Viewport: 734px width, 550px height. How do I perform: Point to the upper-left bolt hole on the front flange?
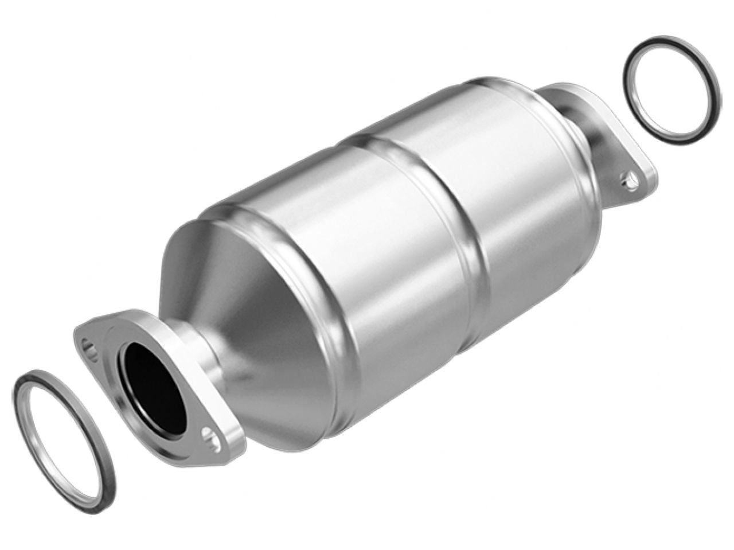(x=87, y=345)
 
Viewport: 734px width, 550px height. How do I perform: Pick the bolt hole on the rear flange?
(x=630, y=178)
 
